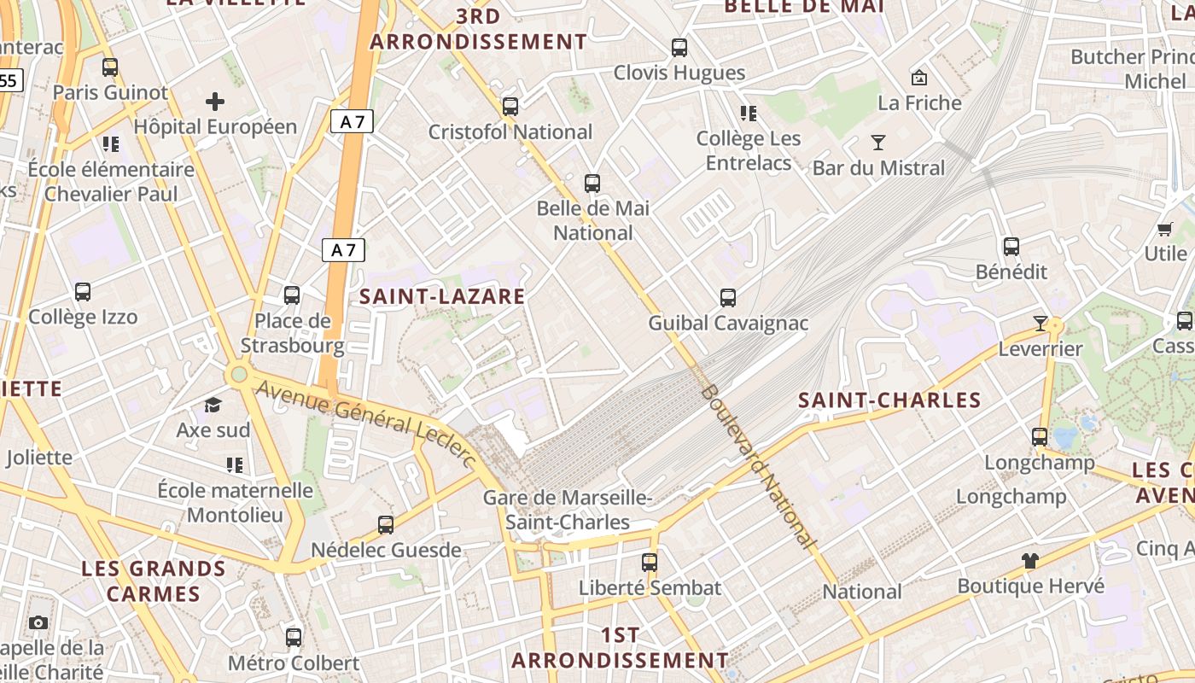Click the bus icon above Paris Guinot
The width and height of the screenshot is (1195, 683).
[x=110, y=67]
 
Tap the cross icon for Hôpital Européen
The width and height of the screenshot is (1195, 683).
[x=215, y=102]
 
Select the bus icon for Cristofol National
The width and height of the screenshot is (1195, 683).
[x=510, y=107]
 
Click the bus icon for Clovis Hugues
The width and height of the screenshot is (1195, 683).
[x=679, y=48]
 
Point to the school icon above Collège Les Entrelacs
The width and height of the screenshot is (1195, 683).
[x=749, y=113]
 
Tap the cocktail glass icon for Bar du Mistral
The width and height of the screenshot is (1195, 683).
[x=878, y=143]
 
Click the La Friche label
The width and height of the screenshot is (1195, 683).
[x=919, y=103]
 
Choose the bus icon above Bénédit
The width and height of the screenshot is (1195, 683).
[x=1011, y=247]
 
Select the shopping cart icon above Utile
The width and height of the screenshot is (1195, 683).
[x=1165, y=229]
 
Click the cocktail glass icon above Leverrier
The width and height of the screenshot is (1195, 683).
[x=1040, y=324]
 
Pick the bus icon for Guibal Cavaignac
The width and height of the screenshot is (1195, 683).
[x=727, y=298]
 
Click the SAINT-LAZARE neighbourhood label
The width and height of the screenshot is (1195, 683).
[x=442, y=296]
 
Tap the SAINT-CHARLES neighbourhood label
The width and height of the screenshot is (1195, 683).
[x=889, y=400]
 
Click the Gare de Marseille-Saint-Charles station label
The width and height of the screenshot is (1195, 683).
[x=568, y=510]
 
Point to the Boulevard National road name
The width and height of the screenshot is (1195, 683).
[x=756, y=466]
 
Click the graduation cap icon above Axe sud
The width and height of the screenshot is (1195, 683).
[x=213, y=405]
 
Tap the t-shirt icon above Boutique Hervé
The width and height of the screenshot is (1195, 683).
[x=1030, y=561]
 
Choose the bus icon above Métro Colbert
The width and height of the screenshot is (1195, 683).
[x=294, y=637]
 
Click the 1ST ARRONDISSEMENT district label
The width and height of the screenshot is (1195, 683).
[x=620, y=648]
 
